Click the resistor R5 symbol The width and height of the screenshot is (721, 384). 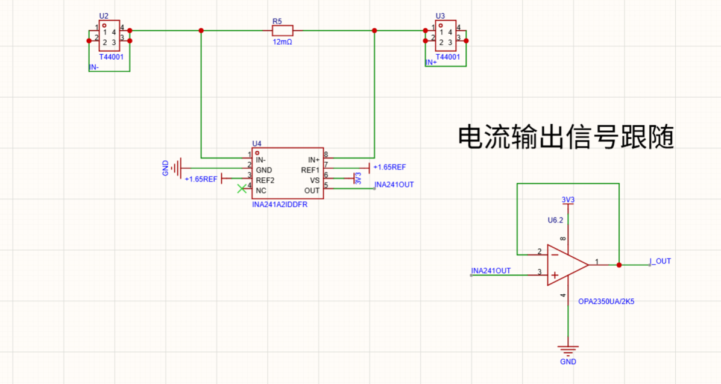[x=282, y=31]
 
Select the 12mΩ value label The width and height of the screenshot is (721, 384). [x=282, y=42]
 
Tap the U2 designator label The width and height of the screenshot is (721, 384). [x=104, y=16]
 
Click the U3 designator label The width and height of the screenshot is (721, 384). [x=440, y=16]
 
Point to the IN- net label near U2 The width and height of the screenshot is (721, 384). [x=94, y=67]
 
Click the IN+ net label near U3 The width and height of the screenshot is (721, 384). [x=431, y=62]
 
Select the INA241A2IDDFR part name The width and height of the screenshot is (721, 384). [x=280, y=204]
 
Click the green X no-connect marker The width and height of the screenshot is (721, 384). [x=242, y=188]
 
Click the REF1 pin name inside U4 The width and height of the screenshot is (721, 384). [x=310, y=170]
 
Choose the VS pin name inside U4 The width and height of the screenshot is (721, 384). [x=315, y=180]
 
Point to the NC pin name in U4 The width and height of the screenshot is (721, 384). [x=260, y=190]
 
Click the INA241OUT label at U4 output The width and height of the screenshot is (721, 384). [x=394, y=184]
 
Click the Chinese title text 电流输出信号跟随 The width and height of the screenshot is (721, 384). [x=565, y=137]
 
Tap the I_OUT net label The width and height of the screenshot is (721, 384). [x=660, y=261]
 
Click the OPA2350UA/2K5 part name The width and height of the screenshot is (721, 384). [x=606, y=301]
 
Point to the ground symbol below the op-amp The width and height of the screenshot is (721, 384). [x=568, y=350]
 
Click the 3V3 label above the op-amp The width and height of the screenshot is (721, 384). [x=568, y=200]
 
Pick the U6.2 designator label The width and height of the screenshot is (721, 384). [x=555, y=220]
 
